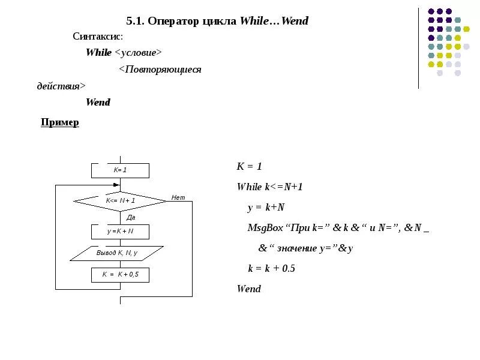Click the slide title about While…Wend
click(217, 21)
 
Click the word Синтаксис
click(98, 37)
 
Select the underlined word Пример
click(59, 122)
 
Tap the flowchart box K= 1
click(120, 170)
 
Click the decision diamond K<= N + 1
click(120, 201)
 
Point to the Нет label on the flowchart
click(178, 197)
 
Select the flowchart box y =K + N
click(120, 231)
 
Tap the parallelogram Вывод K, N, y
click(117, 253)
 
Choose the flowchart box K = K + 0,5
click(120, 275)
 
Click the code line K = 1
click(250, 166)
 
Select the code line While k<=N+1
click(270, 187)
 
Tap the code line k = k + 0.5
click(271, 268)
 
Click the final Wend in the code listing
click(249, 289)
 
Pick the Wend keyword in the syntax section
click(98, 102)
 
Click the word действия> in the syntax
click(61, 86)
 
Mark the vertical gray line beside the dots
click(419, 48)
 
